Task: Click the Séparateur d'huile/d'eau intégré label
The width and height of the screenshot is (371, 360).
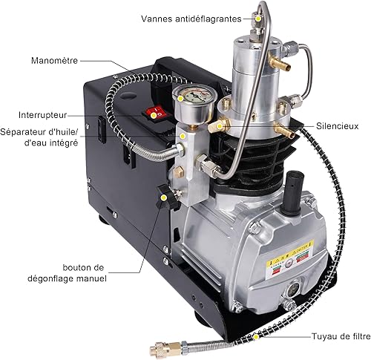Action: [x=40, y=137]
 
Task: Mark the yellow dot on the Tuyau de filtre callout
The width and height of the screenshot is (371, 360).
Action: [x=256, y=336]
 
